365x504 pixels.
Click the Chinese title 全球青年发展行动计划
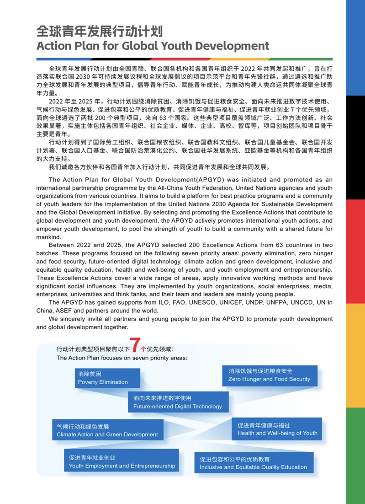click(x=100, y=31)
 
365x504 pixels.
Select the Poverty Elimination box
click(x=108, y=378)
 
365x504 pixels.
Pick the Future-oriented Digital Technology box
click(x=178, y=402)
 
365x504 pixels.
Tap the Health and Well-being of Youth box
click(x=277, y=429)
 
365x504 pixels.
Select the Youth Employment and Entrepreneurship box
click(x=122, y=461)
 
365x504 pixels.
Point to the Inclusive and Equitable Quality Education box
click(x=253, y=463)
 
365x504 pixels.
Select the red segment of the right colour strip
click(x=355, y=229)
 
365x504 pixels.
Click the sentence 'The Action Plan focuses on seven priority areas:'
click(x=122, y=358)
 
